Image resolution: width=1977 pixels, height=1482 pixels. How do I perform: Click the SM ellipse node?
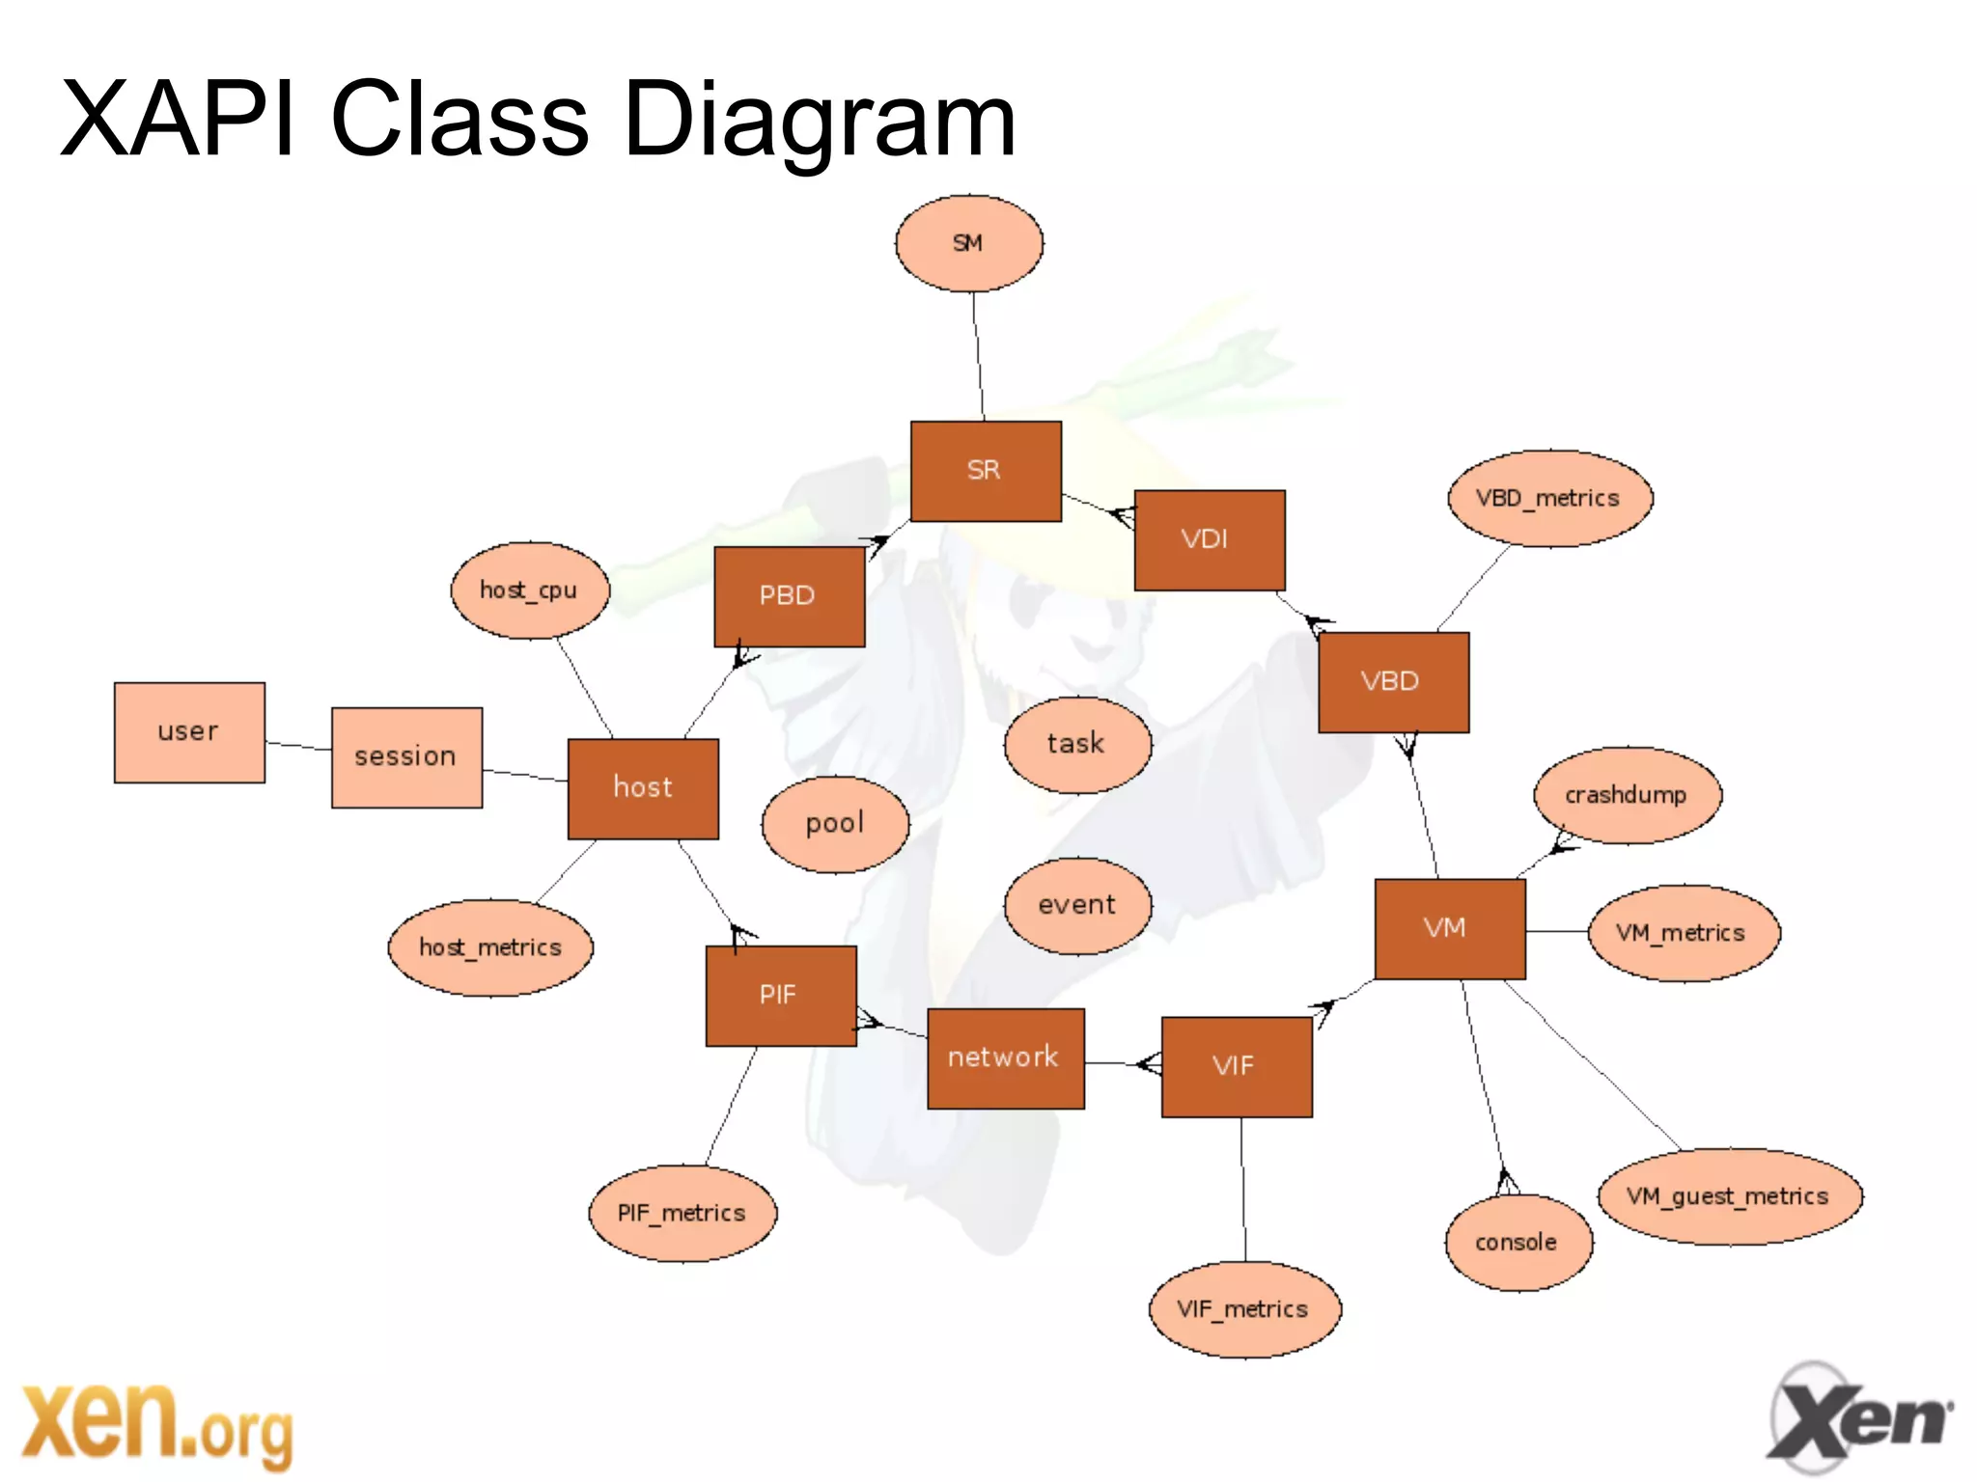968,243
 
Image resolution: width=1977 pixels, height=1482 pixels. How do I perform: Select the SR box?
986,471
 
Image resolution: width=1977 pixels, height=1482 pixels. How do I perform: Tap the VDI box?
1209,539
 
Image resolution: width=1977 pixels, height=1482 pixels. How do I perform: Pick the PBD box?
789,596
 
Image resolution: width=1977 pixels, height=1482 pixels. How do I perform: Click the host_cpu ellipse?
530,590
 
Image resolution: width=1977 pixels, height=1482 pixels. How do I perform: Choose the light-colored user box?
189,732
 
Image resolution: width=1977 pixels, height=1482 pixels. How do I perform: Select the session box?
406,757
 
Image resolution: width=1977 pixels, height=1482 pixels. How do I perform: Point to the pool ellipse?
835,824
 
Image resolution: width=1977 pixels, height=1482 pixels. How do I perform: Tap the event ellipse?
1077,906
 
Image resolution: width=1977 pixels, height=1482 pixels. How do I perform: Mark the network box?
1005,1058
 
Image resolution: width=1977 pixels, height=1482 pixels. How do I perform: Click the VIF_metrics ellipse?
1243,1309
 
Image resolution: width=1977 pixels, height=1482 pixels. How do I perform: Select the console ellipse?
1518,1242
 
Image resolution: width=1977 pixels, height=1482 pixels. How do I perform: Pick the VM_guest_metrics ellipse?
1729,1196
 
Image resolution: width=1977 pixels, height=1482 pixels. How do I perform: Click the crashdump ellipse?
1627,795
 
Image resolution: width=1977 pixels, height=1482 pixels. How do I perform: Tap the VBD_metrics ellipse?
1549,499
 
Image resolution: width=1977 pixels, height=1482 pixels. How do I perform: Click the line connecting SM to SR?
978,357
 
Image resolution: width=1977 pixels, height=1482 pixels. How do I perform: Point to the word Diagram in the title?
820,120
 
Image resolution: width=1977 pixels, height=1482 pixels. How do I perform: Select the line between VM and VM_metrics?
1557,931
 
